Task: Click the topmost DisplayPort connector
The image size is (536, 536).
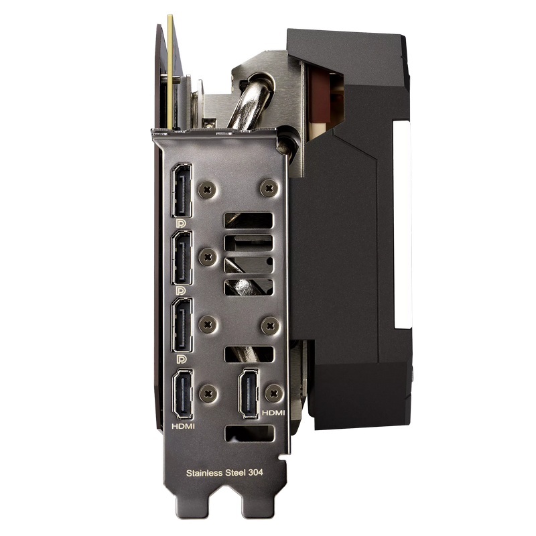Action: [x=182, y=190]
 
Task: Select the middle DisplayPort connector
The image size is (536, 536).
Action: [x=182, y=258]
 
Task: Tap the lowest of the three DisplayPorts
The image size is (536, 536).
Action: [x=182, y=325]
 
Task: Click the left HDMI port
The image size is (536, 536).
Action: [x=183, y=394]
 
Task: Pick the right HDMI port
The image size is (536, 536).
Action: [x=249, y=393]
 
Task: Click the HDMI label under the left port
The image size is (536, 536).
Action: [x=183, y=426]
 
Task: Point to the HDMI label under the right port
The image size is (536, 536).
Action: [x=273, y=413]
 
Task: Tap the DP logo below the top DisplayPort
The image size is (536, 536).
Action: [x=181, y=224]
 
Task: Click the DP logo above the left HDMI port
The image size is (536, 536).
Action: [x=181, y=359]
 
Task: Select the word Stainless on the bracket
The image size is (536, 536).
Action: [x=204, y=473]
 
